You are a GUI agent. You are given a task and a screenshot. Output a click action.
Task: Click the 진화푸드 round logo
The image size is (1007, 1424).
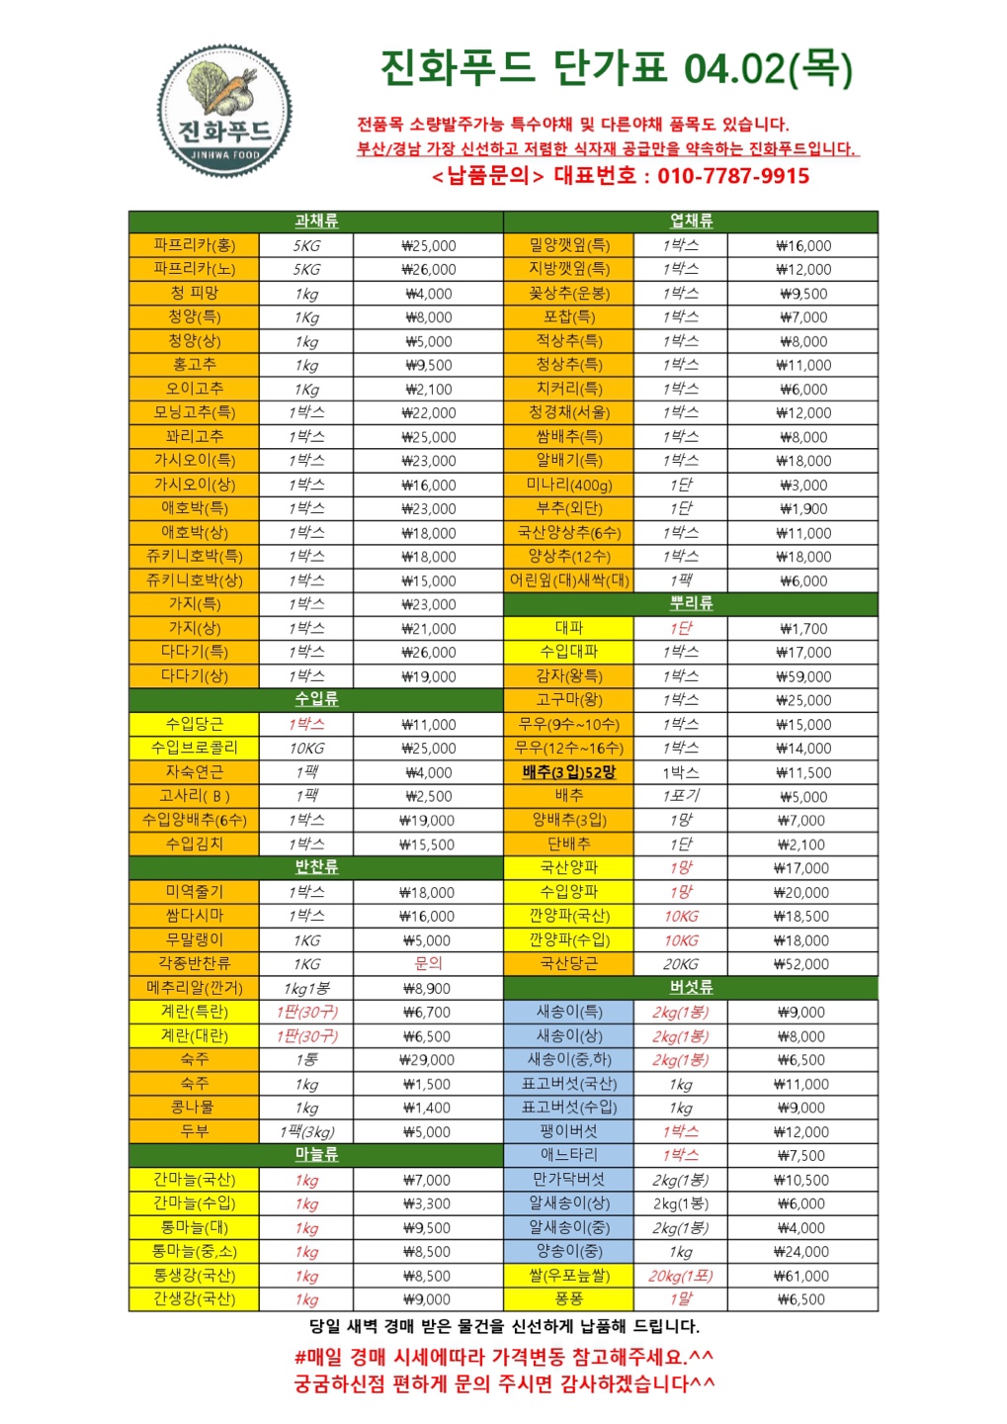click(x=224, y=112)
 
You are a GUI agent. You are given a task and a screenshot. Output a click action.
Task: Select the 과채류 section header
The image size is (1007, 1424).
click(x=316, y=222)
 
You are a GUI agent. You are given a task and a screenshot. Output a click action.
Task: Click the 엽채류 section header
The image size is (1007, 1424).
click(x=691, y=222)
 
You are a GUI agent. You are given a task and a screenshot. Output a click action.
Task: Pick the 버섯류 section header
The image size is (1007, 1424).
click(x=691, y=988)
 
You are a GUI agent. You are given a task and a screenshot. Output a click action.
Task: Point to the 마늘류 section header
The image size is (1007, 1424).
click(x=316, y=1155)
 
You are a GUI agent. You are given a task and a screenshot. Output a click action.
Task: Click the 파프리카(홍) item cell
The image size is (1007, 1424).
click(x=195, y=245)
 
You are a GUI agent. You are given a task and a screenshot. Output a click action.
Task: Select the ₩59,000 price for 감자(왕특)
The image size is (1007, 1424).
click(x=802, y=676)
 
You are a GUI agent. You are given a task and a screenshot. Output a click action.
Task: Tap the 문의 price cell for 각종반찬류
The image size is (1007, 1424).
click(x=428, y=964)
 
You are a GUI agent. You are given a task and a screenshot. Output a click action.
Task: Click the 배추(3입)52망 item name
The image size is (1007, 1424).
click(x=568, y=772)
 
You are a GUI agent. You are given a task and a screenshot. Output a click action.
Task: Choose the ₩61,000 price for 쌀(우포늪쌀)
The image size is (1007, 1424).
click(x=802, y=1276)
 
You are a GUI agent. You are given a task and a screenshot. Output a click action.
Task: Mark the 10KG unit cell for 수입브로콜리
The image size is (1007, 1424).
click(x=306, y=749)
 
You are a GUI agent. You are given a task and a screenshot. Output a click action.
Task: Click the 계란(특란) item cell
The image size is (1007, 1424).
click(x=195, y=1012)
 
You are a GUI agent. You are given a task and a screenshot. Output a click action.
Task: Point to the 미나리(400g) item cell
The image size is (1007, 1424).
click(x=568, y=485)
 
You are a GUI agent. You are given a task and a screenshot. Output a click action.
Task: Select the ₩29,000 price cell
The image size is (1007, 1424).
click(x=428, y=1060)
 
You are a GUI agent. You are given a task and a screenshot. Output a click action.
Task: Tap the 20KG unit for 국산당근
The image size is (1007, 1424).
click(x=681, y=964)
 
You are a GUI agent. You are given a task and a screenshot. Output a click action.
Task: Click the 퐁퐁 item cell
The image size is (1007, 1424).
click(x=568, y=1299)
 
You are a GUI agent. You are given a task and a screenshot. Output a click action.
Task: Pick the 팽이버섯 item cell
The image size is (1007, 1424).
click(x=568, y=1131)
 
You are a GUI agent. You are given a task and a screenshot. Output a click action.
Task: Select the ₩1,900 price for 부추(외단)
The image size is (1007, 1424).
click(x=802, y=509)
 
